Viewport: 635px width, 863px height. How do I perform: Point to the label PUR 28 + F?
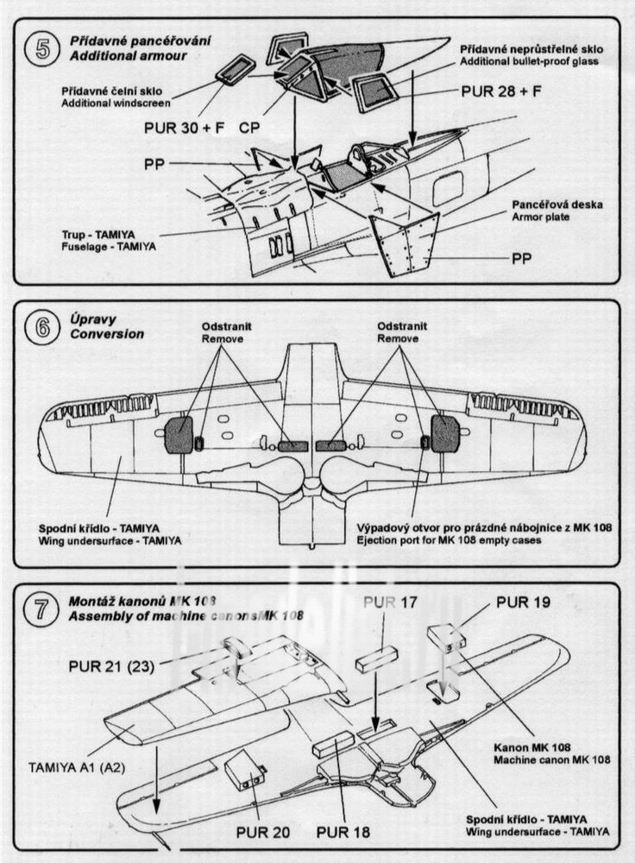tap(500, 90)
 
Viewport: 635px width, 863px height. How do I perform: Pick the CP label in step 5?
tap(248, 127)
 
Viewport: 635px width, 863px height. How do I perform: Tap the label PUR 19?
tap(523, 602)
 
